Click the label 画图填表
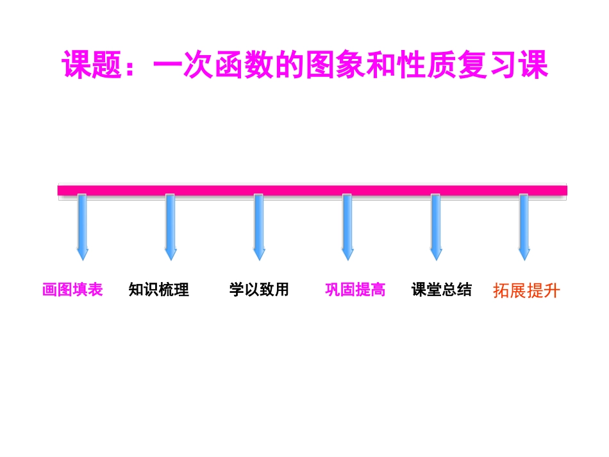pyautogui.click(x=72, y=290)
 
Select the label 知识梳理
pyautogui.click(x=159, y=290)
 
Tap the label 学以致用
pyautogui.click(x=259, y=290)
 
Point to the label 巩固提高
pyautogui.click(x=355, y=290)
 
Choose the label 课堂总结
pyautogui.click(x=442, y=290)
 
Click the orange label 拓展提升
pyautogui.click(x=526, y=291)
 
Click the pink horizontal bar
pyautogui.click(x=312, y=190)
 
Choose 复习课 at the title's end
pyautogui.click(x=503, y=65)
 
